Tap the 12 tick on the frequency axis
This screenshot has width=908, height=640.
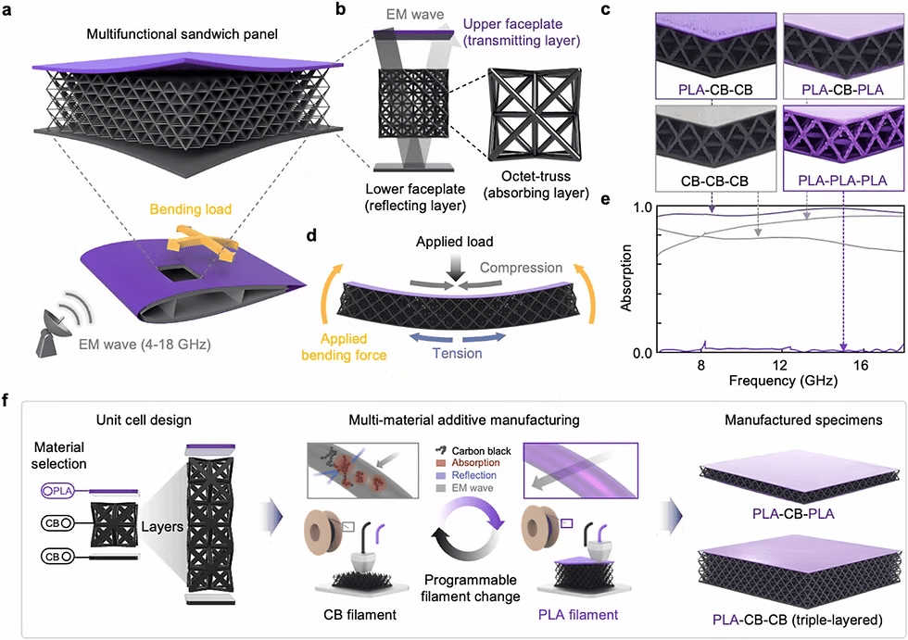pyautogui.click(x=781, y=367)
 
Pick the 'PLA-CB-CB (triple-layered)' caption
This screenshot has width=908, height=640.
pyautogui.click(x=795, y=618)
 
